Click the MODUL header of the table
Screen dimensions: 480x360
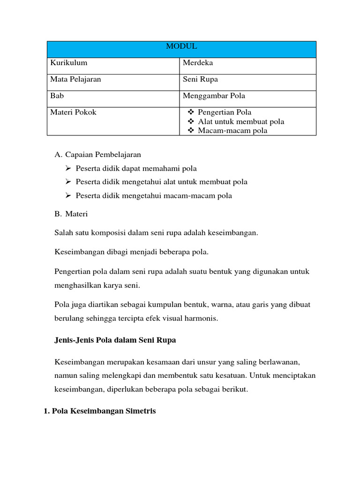pos(181,46)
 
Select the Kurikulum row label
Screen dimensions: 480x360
pos(68,63)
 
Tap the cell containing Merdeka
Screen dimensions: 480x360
pos(198,63)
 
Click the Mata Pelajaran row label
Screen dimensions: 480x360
pos(75,79)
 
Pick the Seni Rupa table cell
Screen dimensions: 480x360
pos(200,79)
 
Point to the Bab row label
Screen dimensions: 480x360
pos(57,96)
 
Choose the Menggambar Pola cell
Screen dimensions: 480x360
pos(214,96)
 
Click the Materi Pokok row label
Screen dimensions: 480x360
pos(73,112)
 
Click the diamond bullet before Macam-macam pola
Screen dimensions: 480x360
pos(191,130)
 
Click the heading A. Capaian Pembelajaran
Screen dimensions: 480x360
pos(97,154)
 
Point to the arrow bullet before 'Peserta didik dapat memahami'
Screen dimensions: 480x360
pos(68,168)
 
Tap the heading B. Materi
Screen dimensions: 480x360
pos(71,214)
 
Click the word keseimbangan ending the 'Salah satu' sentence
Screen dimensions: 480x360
pos(235,232)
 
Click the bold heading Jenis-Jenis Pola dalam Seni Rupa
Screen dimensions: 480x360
pos(115,340)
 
